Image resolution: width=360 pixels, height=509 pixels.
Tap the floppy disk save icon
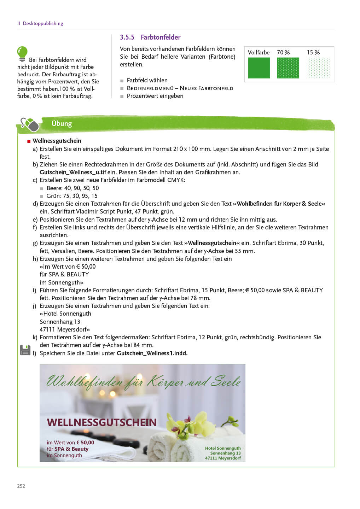(x=25, y=350)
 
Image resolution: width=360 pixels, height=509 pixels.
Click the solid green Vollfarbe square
(x=259, y=68)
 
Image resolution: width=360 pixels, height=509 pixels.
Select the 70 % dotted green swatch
(x=288, y=68)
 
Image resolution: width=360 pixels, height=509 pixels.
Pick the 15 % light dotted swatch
(x=318, y=68)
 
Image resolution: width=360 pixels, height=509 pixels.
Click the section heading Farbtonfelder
(x=161, y=37)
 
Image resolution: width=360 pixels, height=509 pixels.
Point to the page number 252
(x=21, y=486)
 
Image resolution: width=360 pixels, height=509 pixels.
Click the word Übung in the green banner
(x=62, y=123)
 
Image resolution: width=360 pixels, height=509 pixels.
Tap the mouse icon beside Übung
(x=30, y=124)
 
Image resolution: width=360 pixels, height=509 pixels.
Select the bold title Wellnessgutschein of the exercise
(x=57, y=141)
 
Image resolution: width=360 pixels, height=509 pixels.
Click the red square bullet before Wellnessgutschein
(x=29, y=141)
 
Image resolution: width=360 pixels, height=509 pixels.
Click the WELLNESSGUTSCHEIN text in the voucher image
(x=101, y=422)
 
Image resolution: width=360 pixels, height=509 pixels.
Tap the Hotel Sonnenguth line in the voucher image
(x=223, y=448)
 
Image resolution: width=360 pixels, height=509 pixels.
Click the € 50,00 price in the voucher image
(x=85, y=443)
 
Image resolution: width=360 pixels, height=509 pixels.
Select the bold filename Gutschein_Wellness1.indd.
(x=152, y=353)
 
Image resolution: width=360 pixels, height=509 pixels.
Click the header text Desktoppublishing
(x=43, y=23)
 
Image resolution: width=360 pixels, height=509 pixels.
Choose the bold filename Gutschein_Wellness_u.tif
(x=73, y=172)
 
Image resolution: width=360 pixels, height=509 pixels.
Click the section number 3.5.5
(x=127, y=37)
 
